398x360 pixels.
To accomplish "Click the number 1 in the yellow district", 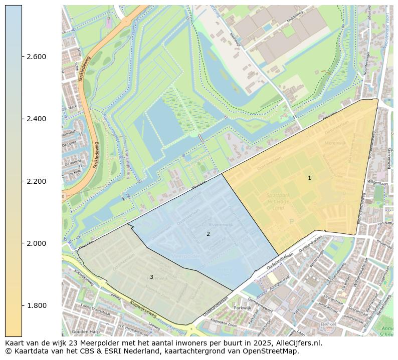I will coord(309,178).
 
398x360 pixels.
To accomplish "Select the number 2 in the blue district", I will coord(208,234).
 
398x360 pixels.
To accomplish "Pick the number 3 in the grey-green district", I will coord(151,277).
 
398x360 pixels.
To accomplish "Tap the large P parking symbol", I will coord(291,221).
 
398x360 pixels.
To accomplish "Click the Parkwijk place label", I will coord(242,308).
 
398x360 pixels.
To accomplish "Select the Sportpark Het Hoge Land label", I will coord(282,201).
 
